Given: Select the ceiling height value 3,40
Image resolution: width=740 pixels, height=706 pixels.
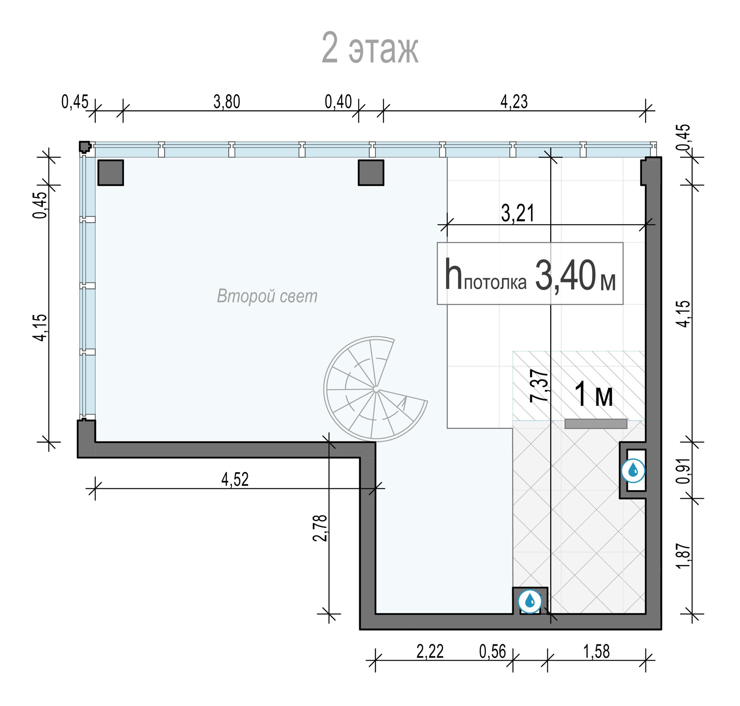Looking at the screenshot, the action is (x=565, y=276).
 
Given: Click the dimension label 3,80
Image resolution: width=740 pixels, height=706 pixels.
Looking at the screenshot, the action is (x=227, y=102).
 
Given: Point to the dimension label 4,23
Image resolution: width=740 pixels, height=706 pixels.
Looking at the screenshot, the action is (x=514, y=102).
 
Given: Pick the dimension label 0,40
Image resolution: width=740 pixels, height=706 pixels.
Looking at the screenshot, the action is (x=338, y=102).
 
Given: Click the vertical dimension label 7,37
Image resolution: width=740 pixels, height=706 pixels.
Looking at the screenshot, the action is (x=539, y=386).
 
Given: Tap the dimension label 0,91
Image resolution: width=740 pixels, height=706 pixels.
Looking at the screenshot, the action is (x=683, y=471).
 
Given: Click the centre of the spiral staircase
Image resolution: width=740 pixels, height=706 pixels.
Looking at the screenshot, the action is (x=376, y=389).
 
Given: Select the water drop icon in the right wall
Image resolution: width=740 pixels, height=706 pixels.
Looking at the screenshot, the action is (x=633, y=470).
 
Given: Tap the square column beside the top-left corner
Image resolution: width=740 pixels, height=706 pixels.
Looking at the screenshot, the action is (x=111, y=173).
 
